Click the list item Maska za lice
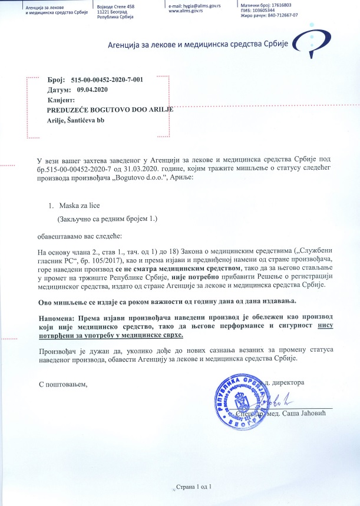pos(77,207)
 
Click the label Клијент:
pos(60,100)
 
